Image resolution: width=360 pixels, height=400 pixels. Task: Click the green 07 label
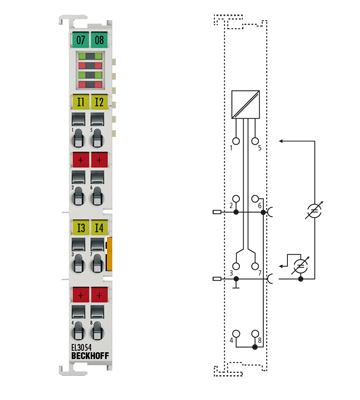point(79,39)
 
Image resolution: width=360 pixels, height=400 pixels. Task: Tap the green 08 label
point(99,39)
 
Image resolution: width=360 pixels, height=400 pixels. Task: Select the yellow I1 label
point(79,102)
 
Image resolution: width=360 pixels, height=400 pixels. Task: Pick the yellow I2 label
point(99,102)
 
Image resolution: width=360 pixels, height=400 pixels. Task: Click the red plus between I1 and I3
point(79,160)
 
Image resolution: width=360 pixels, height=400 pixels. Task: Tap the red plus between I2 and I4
point(99,160)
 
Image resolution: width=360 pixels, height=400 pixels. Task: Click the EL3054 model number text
point(85,349)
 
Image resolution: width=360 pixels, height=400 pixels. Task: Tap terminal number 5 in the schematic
point(260,147)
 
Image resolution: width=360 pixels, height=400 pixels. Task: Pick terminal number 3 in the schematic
point(230,272)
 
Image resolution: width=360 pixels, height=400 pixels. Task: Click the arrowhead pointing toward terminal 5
point(282,142)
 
